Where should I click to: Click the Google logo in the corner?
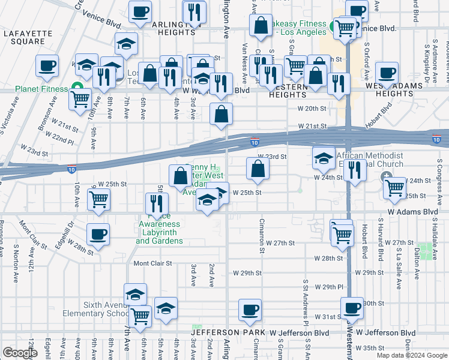click(x=20, y=353)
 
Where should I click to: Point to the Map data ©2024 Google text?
click(x=412, y=355)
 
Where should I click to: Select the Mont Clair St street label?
click(x=152, y=263)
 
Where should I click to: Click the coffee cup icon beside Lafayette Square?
click(x=47, y=67)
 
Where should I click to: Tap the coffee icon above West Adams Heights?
click(x=387, y=73)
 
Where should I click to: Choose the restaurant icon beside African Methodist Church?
click(x=355, y=171)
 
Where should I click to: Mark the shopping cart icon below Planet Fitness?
click(x=80, y=100)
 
